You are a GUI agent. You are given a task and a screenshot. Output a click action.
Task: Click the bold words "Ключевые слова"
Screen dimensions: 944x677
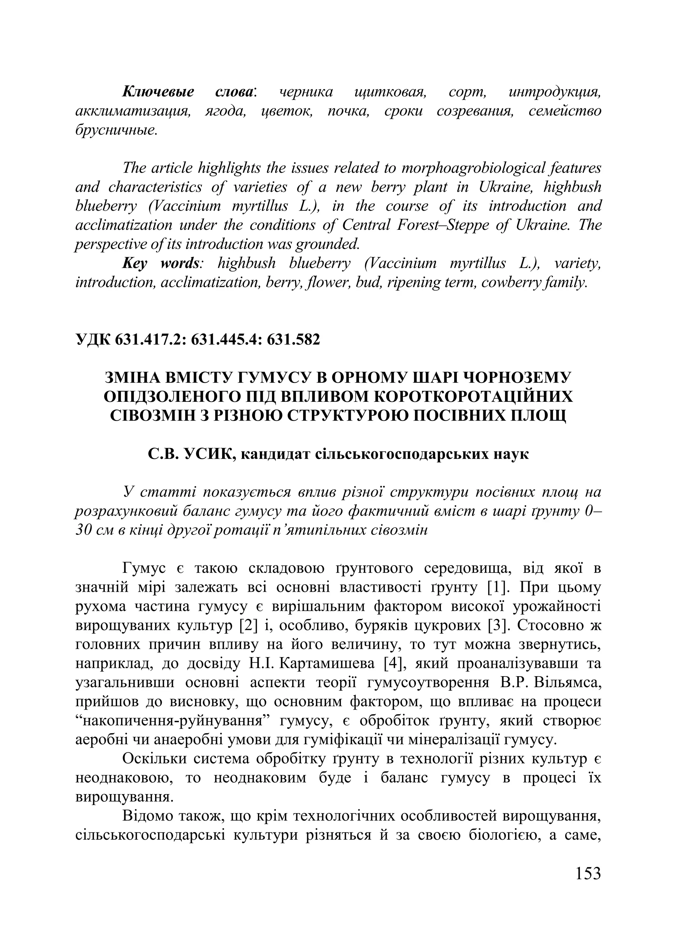pos(189,91)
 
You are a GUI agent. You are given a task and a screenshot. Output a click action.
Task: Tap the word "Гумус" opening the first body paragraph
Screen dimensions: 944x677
pos(144,568)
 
